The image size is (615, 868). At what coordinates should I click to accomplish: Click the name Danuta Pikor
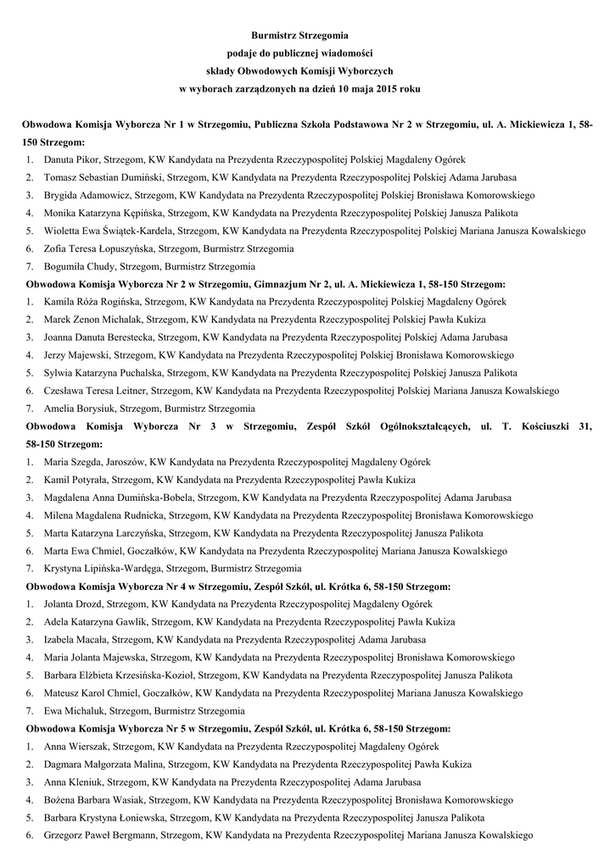[x=70, y=159]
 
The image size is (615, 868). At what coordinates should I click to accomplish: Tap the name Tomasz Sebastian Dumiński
[x=93, y=177]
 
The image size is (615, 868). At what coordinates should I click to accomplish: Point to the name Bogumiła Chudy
[x=76, y=266]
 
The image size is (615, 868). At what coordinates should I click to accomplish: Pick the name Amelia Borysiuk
[x=77, y=409]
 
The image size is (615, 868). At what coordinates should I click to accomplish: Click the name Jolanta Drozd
[x=72, y=604]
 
